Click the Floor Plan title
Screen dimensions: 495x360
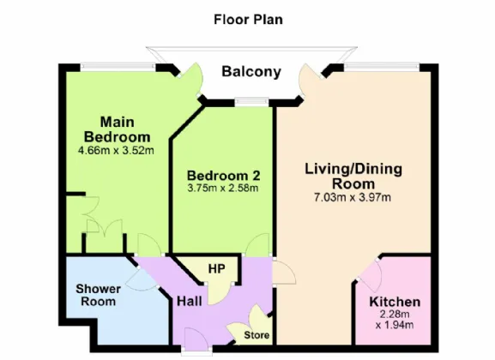pos(248,20)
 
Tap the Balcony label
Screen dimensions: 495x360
pos(251,72)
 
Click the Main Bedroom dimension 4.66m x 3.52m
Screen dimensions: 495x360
pos(116,150)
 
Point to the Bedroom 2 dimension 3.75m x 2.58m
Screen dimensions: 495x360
pos(223,188)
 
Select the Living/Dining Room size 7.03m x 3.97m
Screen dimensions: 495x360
pos(353,197)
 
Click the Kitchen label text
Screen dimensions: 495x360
pos(395,302)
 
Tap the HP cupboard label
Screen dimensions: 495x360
pos(217,269)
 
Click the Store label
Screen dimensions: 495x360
pos(257,335)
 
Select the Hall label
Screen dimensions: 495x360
pos(189,301)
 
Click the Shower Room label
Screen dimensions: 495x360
pos(98,295)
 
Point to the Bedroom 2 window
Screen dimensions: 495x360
pos(251,102)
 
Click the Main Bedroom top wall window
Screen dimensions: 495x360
pos(118,67)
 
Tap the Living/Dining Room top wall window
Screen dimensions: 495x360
pos(382,67)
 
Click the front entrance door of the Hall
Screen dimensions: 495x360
pos(196,339)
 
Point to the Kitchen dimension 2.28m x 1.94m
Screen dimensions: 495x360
pos(395,320)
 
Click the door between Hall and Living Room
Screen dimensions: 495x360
pos(285,273)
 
